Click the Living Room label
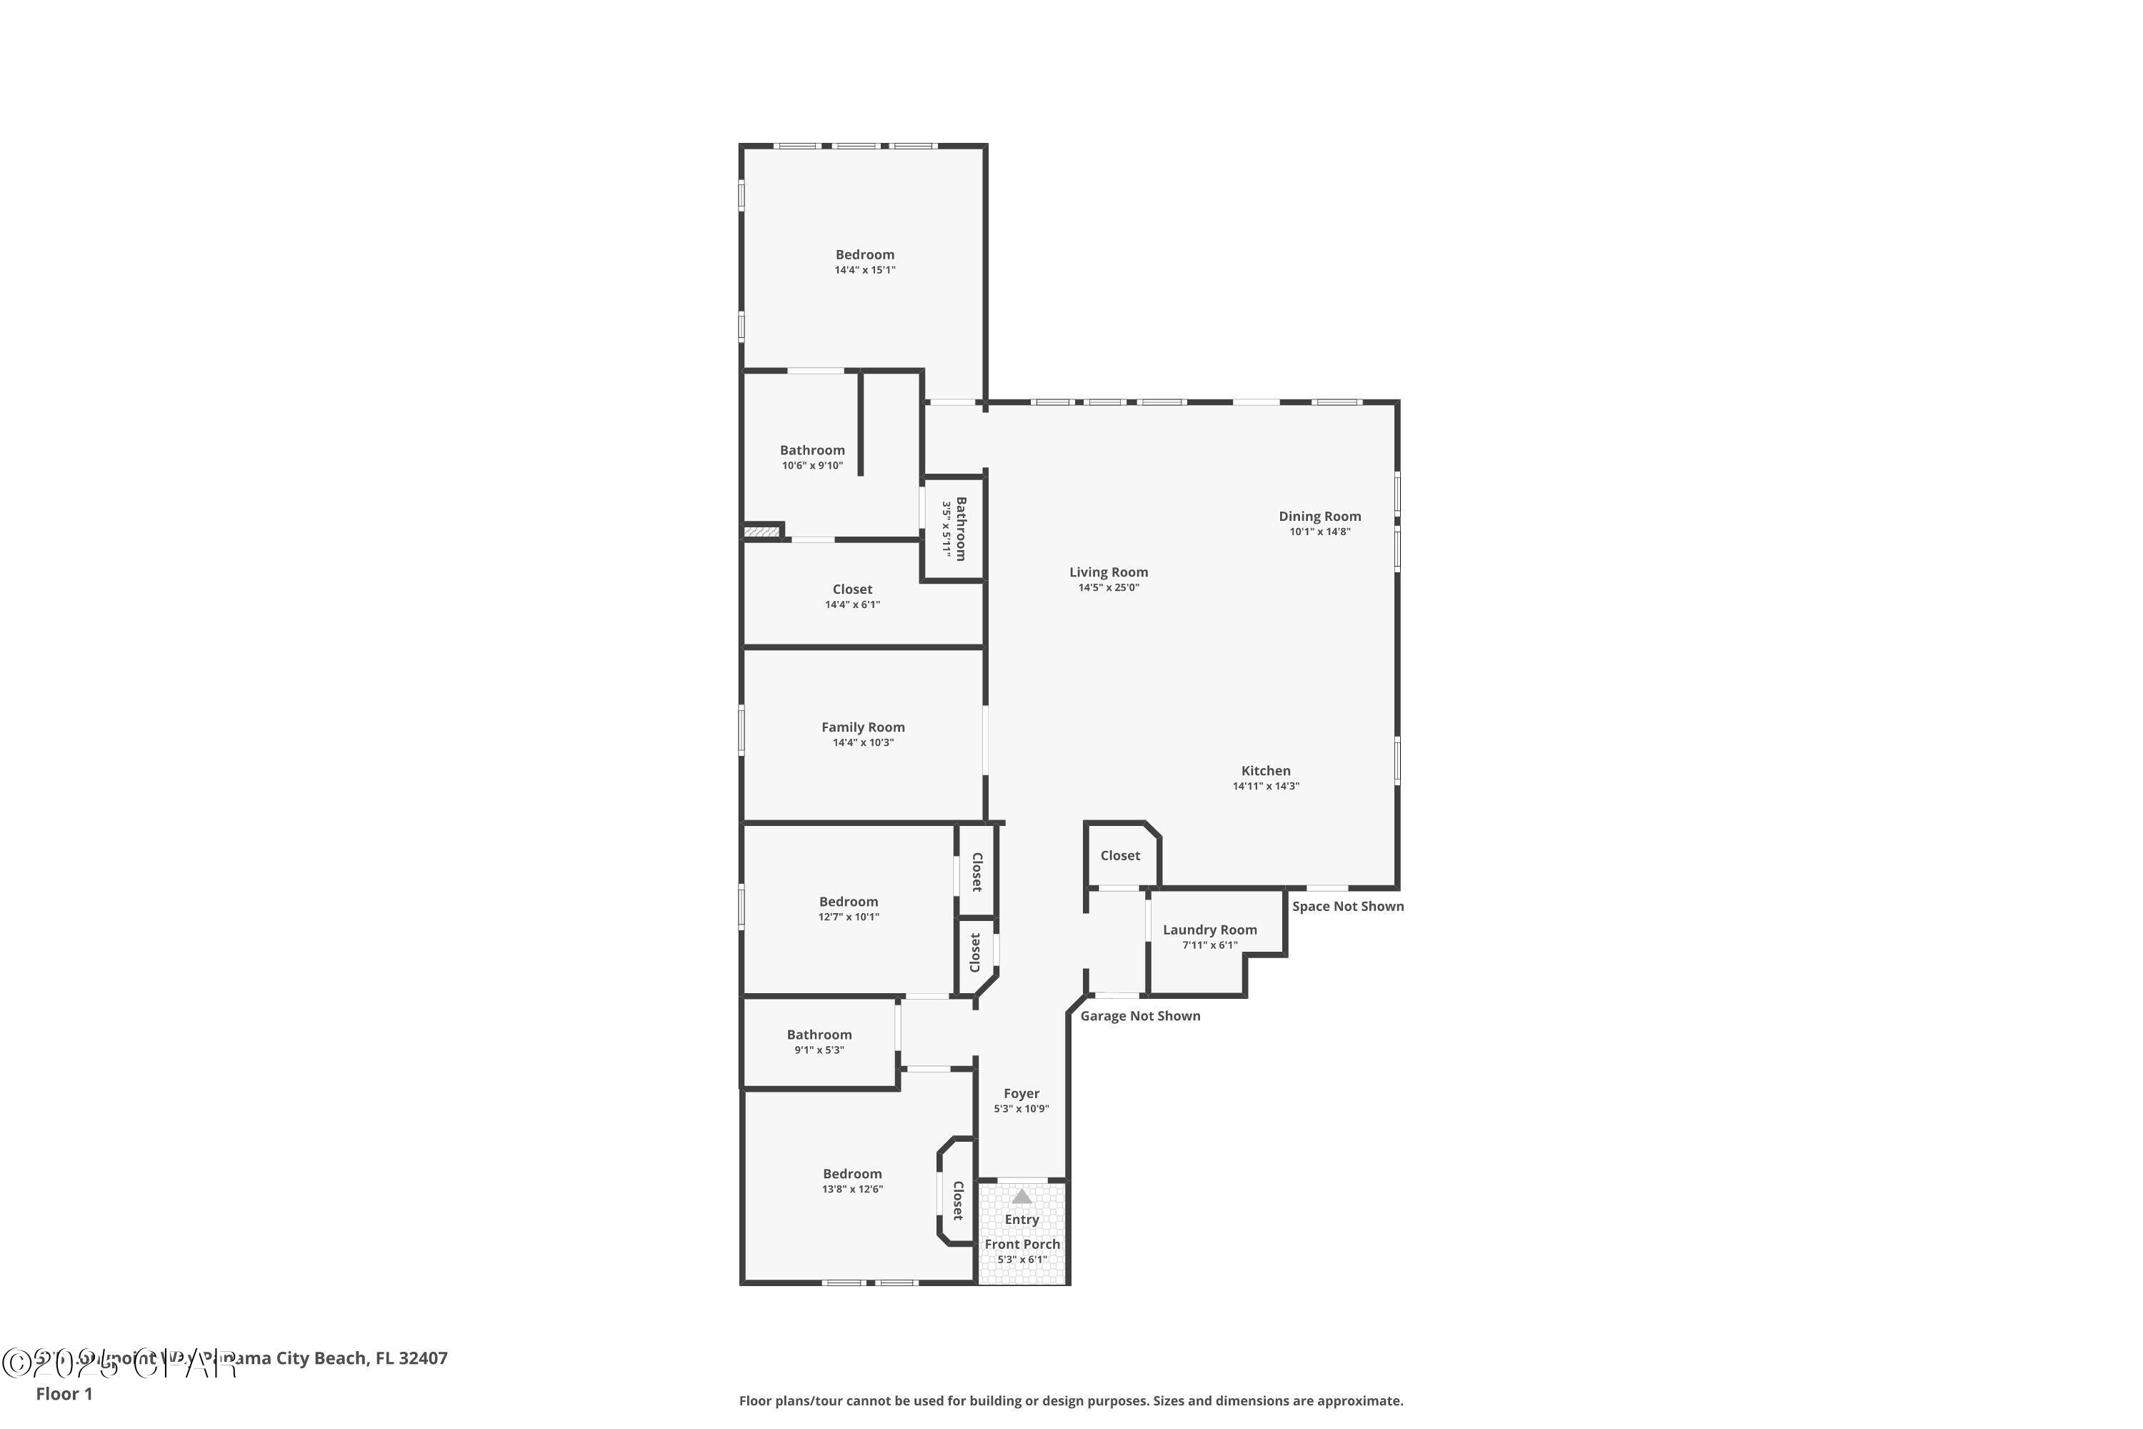pyautogui.click(x=1108, y=572)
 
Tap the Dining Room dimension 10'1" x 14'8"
pyautogui.click(x=1319, y=532)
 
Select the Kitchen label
pyautogui.click(x=1266, y=771)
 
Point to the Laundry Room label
pyautogui.click(x=1209, y=930)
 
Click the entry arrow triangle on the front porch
pyautogui.click(x=1021, y=1195)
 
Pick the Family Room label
pyautogui.click(x=863, y=727)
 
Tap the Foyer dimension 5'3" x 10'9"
pyautogui.click(x=1021, y=1109)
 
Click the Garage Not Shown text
pyautogui.click(x=1140, y=1016)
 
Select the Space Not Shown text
pyautogui.click(x=1347, y=906)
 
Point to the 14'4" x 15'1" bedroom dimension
pyautogui.click(x=864, y=271)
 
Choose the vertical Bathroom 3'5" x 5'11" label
pyautogui.click(x=960, y=529)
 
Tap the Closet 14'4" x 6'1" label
pyautogui.click(x=852, y=589)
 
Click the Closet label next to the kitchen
pyautogui.click(x=1120, y=856)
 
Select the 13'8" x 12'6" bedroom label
pyautogui.click(x=852, y=1174)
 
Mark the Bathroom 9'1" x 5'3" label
pyautogui.click(x=819, y=1035)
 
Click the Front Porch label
pyautogui.click(x=1021, y=1244)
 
